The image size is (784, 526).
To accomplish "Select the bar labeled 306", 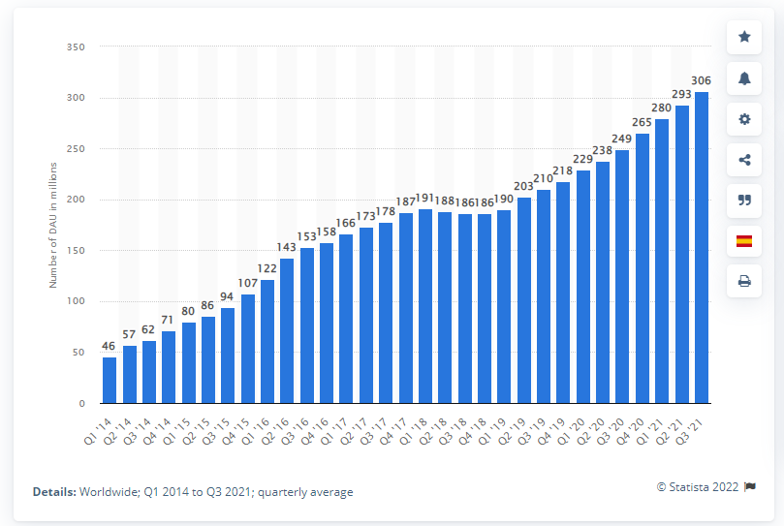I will tap(702, 247).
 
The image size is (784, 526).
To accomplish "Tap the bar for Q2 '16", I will tap(287, 330).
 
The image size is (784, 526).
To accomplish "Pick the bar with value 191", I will tap(425, 306).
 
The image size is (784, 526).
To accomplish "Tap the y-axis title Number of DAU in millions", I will tap(54, 226).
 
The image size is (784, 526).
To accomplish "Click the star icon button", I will tap(744, 37).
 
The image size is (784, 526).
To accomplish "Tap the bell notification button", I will tap(744, 78).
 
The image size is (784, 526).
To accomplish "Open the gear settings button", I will tap(744, 119).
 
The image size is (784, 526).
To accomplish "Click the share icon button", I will tap(744, 160).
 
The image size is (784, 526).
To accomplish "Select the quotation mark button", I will tap(744, 201).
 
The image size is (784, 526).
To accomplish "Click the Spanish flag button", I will tap(744, 241).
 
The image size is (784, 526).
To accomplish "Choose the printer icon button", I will tap(744, 282).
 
